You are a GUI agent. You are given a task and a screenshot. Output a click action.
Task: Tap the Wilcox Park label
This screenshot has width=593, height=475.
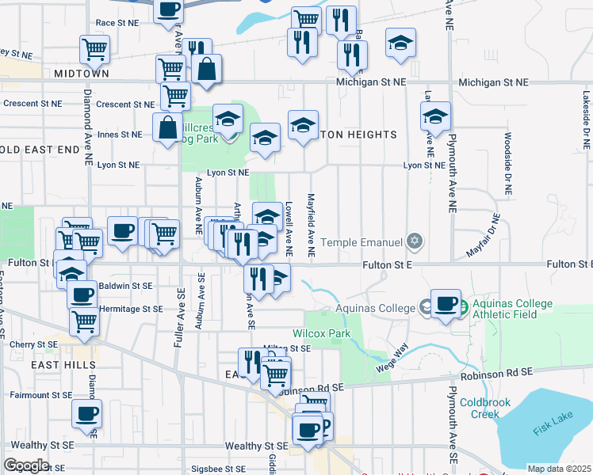(x=321, y=334)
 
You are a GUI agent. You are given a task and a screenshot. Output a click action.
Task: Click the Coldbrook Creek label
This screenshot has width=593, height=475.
(x=479, y=408)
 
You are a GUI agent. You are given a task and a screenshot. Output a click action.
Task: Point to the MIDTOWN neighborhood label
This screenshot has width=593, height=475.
(x=81, y=74)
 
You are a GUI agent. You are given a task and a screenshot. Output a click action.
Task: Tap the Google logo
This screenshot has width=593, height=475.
(x=25, y=465)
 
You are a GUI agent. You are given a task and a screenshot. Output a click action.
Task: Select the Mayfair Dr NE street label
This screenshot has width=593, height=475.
(x=484, y=236)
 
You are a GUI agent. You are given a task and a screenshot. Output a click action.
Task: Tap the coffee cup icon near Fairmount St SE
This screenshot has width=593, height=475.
(x=86, y=412)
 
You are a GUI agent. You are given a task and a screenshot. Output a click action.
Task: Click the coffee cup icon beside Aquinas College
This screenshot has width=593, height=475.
(x=447, y=304)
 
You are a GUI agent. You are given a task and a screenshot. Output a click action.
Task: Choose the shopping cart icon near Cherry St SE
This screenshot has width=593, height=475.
(x=84, y=321)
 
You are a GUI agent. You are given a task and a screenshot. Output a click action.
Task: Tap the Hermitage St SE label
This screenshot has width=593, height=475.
(x=130, y=309)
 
